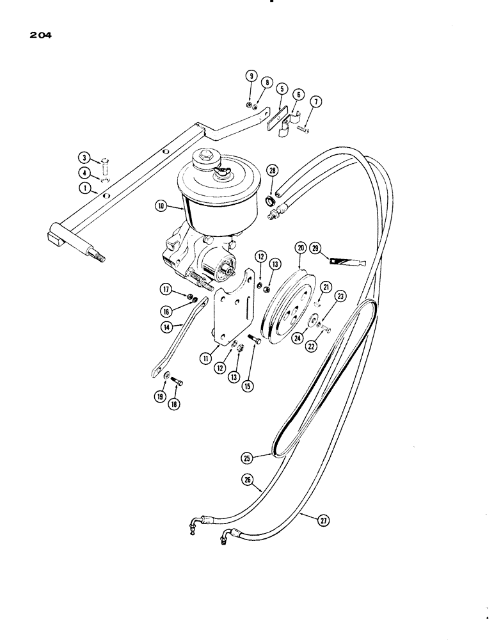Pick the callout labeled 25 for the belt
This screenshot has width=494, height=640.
click(x=247, y=457)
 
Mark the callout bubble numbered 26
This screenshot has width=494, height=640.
click(x=248, y=478)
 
